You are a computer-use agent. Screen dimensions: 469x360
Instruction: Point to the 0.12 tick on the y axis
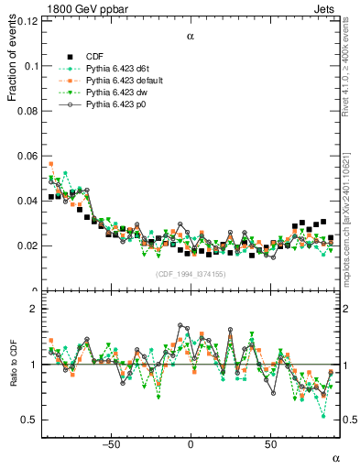[29, 21]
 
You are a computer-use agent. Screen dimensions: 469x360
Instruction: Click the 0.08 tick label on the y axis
[29, 111]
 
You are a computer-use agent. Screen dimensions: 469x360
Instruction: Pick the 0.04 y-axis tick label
[29, 201]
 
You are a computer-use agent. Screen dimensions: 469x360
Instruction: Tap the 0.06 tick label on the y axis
[29, 156]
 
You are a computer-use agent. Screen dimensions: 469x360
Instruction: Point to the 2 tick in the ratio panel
[34, 310]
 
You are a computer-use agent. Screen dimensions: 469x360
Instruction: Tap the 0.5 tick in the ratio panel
[29, 420]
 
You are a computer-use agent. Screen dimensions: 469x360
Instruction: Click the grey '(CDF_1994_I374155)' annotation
[191, 274]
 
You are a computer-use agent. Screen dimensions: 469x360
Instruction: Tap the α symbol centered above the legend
[191, 38]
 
